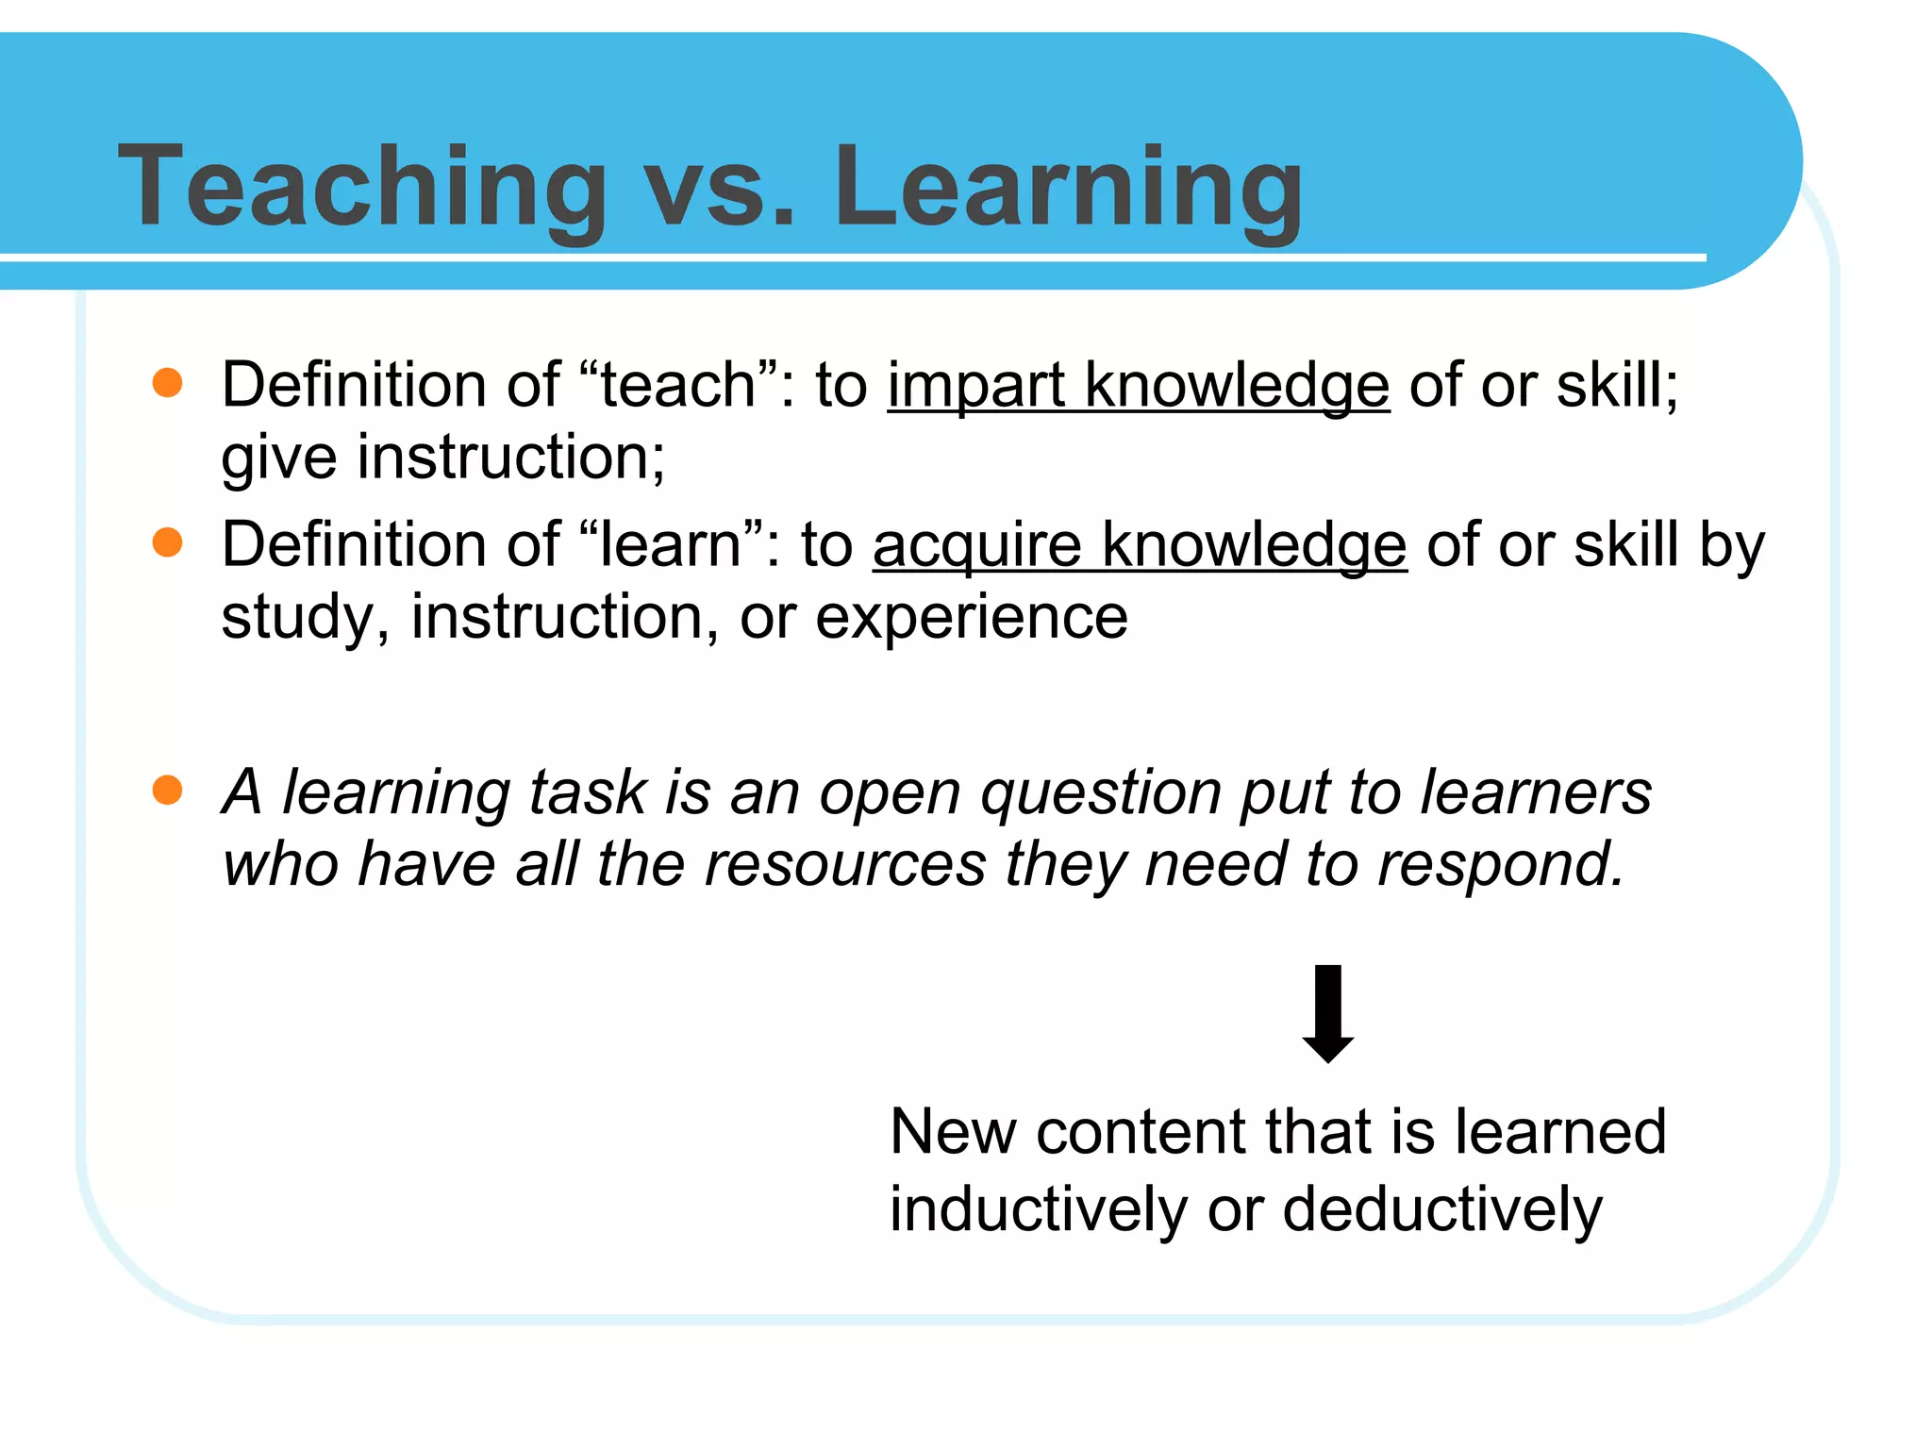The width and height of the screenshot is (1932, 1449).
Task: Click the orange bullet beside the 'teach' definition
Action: (x=167, y=383)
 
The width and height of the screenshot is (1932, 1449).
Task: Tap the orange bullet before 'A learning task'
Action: (x=167, y=790)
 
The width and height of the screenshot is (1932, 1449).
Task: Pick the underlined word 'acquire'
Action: (x=976, y=547)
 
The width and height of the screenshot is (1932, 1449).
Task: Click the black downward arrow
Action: (x=1327, y=1013)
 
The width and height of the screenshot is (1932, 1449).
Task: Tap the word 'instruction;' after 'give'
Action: (x=510, y=458)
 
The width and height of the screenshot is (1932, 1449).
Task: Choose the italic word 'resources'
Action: (x=844, y=864)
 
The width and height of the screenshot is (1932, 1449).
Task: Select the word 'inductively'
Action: (x=1039, y=1209)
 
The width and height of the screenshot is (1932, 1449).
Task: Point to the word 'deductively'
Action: (x=1441, y=1209)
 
